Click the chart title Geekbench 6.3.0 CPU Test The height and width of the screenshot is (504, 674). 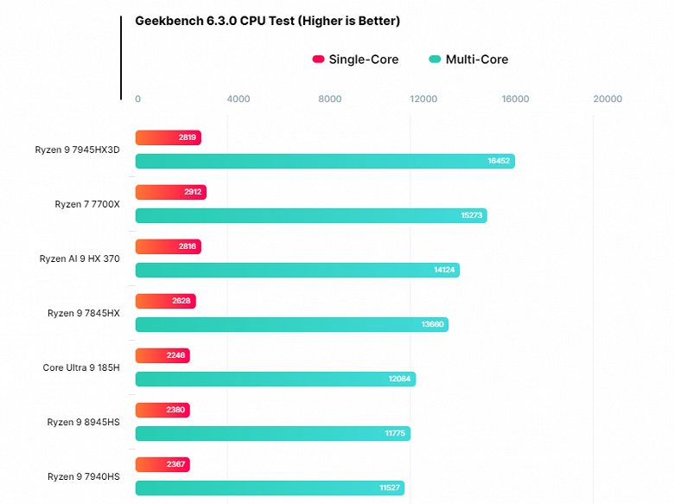point(267,21)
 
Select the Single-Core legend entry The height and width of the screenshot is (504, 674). point(355,60)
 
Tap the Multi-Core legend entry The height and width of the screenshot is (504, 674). point(468,60)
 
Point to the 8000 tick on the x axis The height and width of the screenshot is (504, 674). point(330,99)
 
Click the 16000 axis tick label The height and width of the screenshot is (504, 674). point(515,99)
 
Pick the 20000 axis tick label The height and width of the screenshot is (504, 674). point(607,99)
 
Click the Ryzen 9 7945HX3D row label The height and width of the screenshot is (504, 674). point(77,150)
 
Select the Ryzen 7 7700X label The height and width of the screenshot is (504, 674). point(86,204)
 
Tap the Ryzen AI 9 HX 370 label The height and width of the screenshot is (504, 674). point(79,258)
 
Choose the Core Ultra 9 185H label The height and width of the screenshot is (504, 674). point(81,367)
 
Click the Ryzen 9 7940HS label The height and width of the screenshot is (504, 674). point(83,476)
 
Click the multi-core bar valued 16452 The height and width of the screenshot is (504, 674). point(325,161)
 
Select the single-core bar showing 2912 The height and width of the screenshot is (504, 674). point(170,192)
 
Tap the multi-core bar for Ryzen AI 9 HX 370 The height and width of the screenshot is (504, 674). point(297,270)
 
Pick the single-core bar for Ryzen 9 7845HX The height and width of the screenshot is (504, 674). point(165,301)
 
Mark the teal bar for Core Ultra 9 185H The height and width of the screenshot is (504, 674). point(275,379)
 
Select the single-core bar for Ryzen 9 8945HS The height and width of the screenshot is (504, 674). point(162,410)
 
